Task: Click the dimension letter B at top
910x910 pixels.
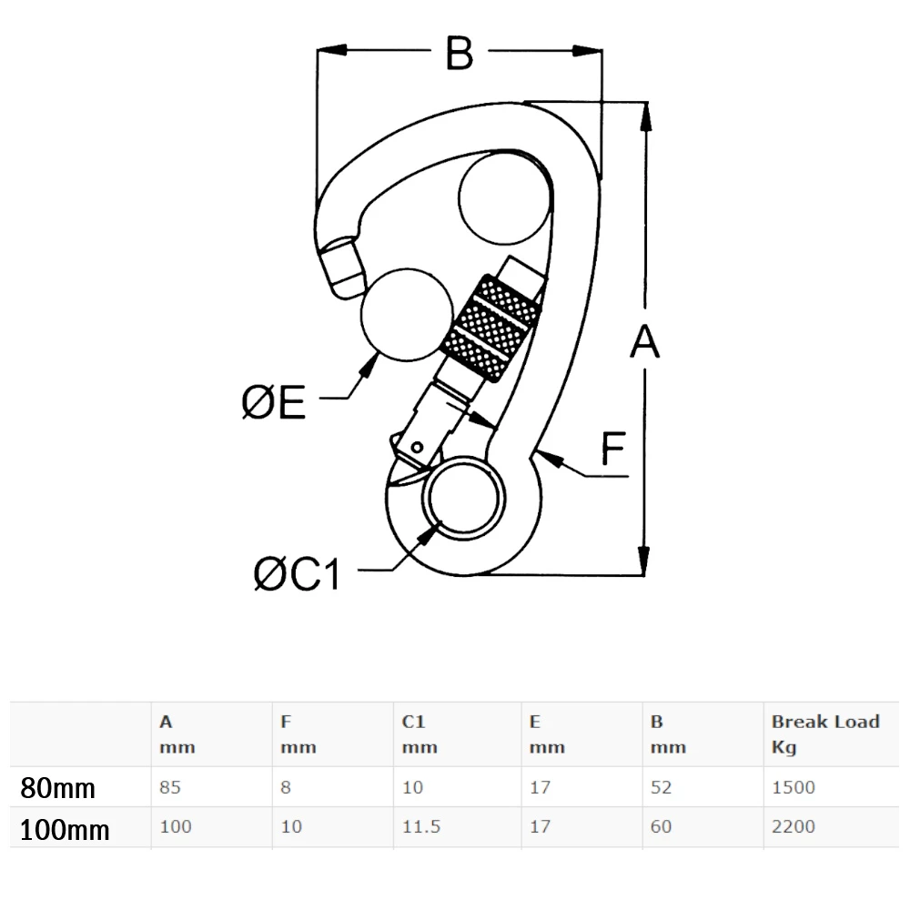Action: coord(460,53)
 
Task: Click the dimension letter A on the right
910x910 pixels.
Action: coord(644,343)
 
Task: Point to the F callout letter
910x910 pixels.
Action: coord(612,449)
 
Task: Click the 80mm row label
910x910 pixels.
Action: coord(57,788)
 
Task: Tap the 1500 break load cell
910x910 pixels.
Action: coord(793,787)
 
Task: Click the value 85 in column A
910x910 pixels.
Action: coord(170,787)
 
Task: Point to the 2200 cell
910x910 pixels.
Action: coord(793,827)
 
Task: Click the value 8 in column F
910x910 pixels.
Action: coord(286,787)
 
